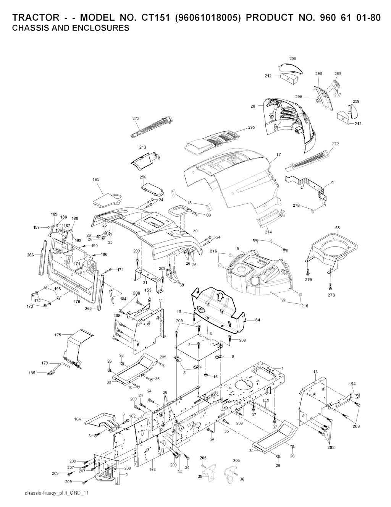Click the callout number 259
point(292,59)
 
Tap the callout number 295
point(251,127)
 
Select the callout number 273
point(136,118)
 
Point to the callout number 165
point(96,179)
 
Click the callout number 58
point(338,228)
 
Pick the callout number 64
point(257,320)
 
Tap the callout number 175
point(58,335)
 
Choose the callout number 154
point(352,383)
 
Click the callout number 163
point(152,470)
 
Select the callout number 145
point(266,400)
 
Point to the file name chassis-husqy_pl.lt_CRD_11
point(57,493)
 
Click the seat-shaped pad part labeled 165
point(108,199)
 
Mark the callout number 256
point(143,177)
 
